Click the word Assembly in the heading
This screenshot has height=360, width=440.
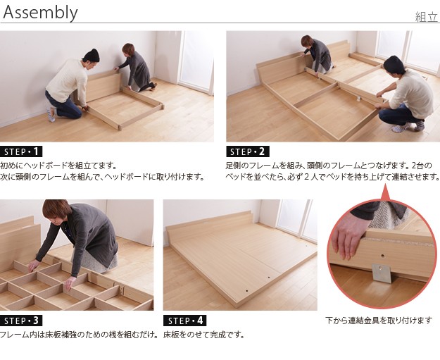[40, 13]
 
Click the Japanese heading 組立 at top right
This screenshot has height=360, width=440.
[426, 17]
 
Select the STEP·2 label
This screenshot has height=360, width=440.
[248, 151]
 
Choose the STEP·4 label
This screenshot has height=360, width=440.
[185, 321]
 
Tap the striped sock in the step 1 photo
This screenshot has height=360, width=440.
[51, 114]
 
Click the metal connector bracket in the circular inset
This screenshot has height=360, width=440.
[382, 273]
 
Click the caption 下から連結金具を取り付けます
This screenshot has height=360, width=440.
[379, 320]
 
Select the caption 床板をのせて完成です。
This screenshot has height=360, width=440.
[203, 335]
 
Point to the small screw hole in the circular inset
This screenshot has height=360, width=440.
[383, 256]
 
